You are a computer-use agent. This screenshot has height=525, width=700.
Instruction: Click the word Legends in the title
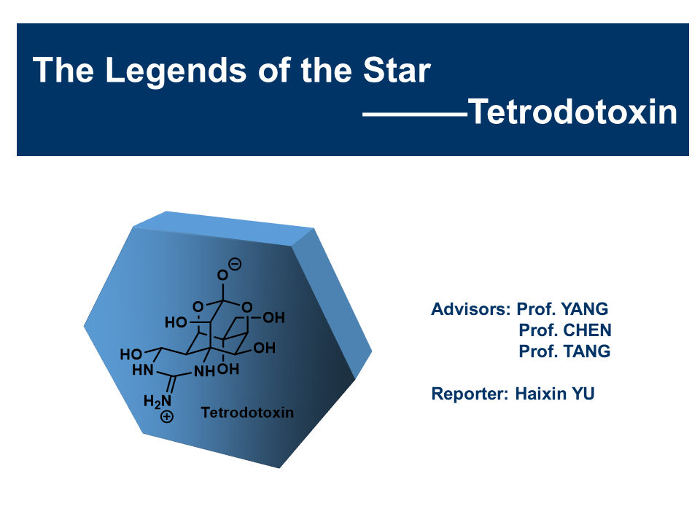point(176,71)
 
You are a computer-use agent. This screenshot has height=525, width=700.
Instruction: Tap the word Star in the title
point(397,70)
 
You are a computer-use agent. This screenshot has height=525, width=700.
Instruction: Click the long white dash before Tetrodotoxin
point(415,114)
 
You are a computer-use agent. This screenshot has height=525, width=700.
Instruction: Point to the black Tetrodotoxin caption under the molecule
point(247,412)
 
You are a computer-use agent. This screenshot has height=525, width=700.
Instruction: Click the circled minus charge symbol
point(236,264)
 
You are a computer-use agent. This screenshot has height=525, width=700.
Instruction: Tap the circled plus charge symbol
point(167,416)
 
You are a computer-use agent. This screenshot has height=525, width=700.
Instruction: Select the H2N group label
point(157,401)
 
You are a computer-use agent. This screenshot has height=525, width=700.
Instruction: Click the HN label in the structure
point(143,370)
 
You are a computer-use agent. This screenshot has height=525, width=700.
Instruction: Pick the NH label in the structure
point(204,371)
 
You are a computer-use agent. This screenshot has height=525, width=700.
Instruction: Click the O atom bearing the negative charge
point(222,275)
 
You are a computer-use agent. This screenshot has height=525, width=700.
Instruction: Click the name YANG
point(584,309)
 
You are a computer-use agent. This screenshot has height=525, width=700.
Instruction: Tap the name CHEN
point(587,330)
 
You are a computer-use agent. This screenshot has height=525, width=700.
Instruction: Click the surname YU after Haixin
point(583,393)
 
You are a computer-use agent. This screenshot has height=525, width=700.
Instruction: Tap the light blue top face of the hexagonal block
point(223,227)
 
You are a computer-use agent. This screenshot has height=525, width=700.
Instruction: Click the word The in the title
point(63,70)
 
